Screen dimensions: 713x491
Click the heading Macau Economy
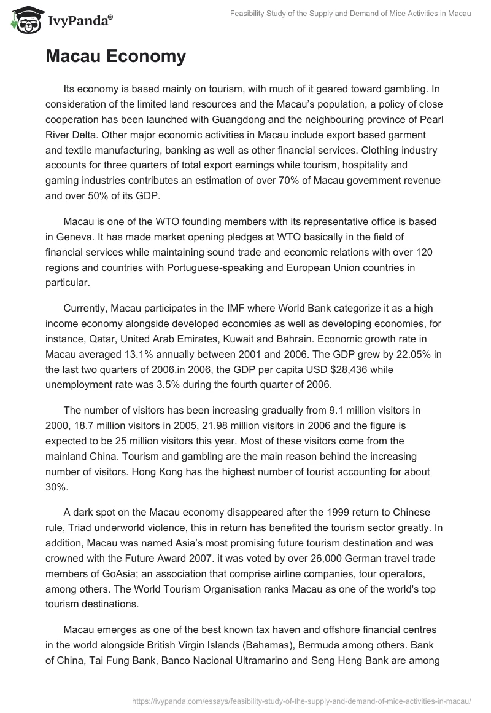pyautogui.click(x=115, y=57)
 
